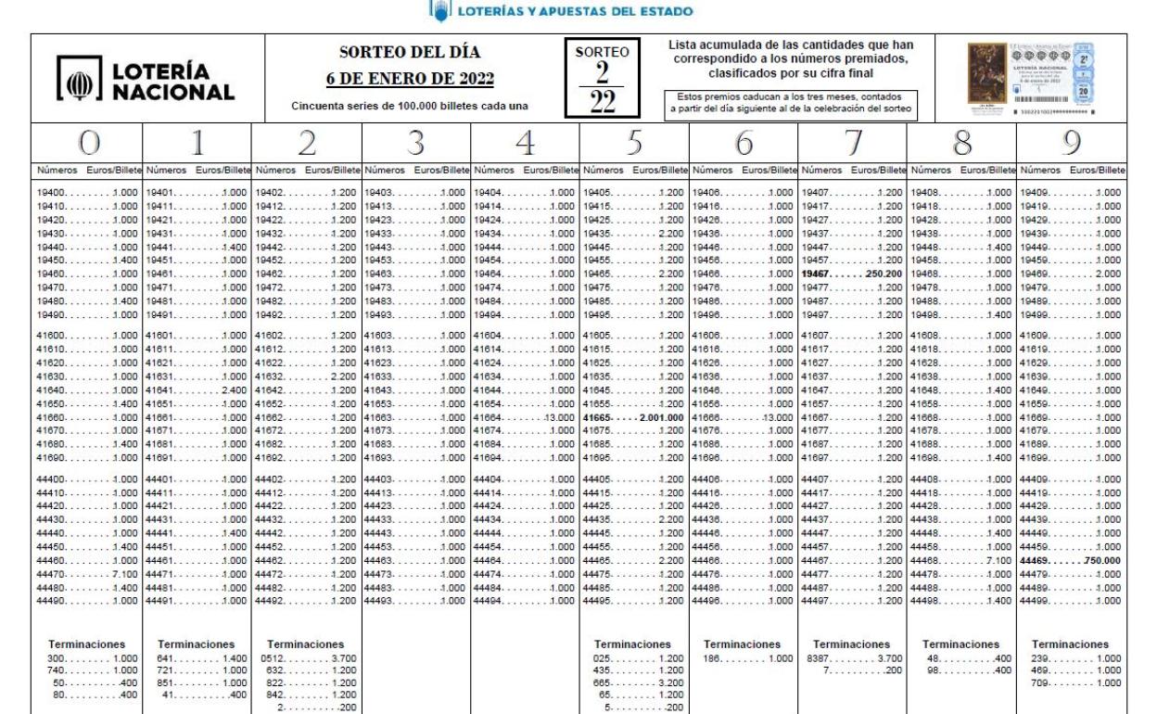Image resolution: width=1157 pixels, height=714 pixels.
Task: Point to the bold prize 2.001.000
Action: [661, 418]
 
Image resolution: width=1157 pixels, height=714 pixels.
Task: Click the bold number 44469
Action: [1036, 561]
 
